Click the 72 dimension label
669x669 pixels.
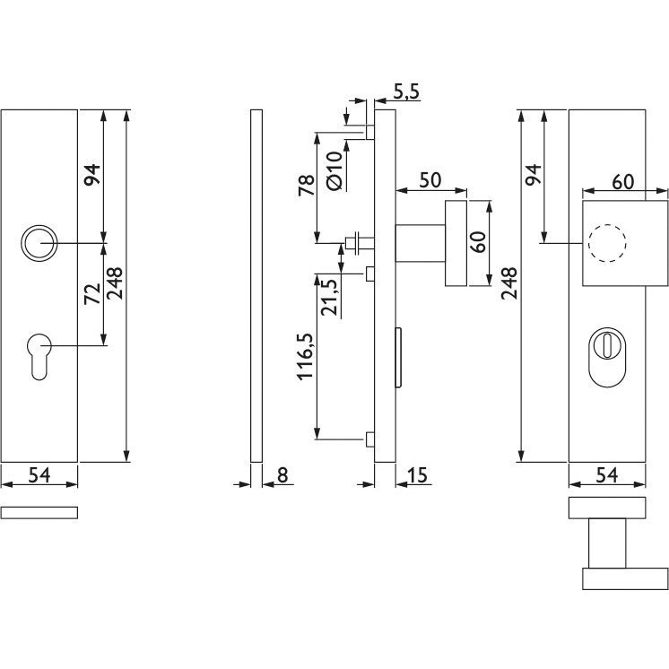[x=92, y=293]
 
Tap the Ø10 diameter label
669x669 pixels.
[x=334, y=170]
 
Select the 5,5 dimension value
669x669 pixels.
[x=406, y=92]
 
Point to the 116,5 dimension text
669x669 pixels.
[x=306, y=356]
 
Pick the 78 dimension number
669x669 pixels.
[x=307, y=185]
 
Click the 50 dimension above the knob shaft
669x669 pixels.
[x=430, y=180]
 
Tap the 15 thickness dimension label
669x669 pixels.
[x=417, y=475]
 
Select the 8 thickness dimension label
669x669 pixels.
[x=282, y=475]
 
